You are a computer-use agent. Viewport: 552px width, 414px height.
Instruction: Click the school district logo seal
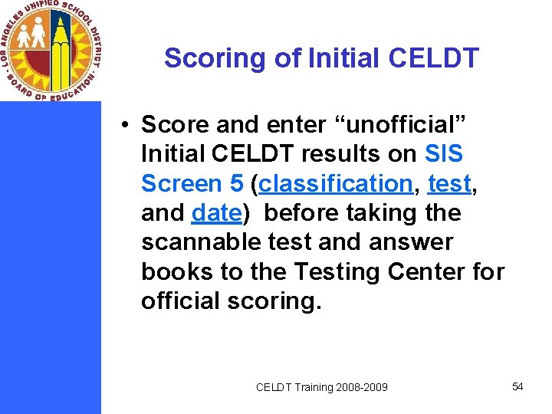51,51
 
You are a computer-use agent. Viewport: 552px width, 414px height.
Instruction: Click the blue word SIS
444,153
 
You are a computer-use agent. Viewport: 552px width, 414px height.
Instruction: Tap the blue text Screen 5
192,183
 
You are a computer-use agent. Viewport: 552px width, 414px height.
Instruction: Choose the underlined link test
449,183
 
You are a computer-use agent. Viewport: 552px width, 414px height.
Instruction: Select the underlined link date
216,212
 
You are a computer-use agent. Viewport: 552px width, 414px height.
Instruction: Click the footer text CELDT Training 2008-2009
322,387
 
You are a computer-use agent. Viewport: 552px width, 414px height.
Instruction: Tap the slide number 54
517,386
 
